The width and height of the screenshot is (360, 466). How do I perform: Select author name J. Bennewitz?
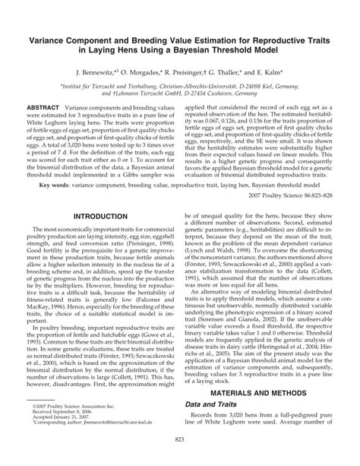coord(99,68)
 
